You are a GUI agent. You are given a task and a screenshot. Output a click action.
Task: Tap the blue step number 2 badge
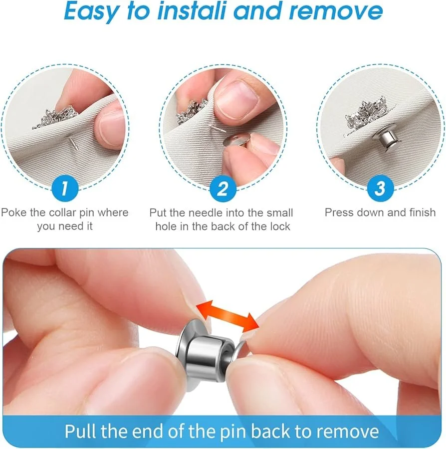click(223, 189)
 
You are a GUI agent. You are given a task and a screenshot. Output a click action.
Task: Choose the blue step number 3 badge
click(380, 189)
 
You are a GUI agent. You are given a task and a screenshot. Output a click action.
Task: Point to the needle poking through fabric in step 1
click(71, 146)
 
